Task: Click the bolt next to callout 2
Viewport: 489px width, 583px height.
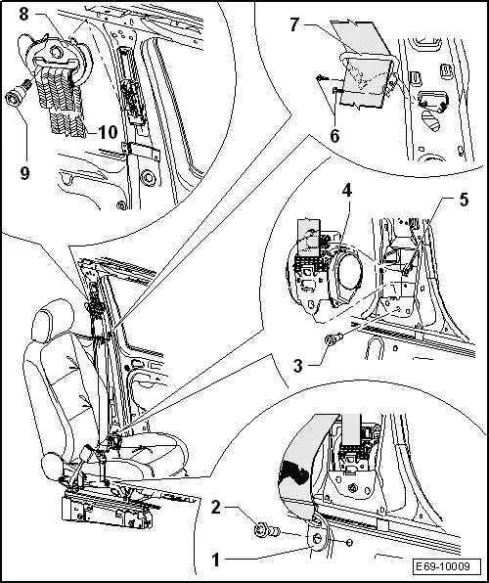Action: [x=265, y=530]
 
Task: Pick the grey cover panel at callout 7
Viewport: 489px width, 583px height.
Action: [x=362, y=40]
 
